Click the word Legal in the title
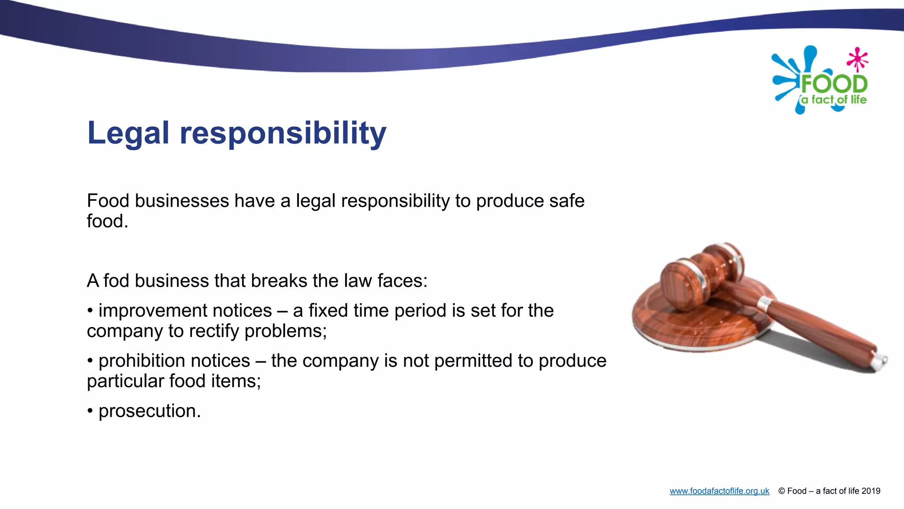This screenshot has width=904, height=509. [128, 133]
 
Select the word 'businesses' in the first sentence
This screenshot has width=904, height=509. [182, 201]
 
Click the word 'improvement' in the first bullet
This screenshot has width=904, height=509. [185, 311]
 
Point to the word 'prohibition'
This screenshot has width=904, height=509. [174, 361]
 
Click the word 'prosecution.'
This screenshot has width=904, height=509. [150, 411]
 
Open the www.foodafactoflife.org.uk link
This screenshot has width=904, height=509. [719, 491]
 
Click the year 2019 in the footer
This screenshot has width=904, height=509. [870, 491]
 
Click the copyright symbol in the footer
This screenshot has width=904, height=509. [782, 491]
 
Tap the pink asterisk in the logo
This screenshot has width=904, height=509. [857, 59]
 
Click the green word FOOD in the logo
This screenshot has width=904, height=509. [834, 84]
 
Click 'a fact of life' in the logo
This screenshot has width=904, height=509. [834, 100]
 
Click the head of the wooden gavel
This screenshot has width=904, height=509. [702, 276]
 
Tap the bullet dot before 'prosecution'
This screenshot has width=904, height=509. [90, 411]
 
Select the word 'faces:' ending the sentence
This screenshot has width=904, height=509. [402, 281]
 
